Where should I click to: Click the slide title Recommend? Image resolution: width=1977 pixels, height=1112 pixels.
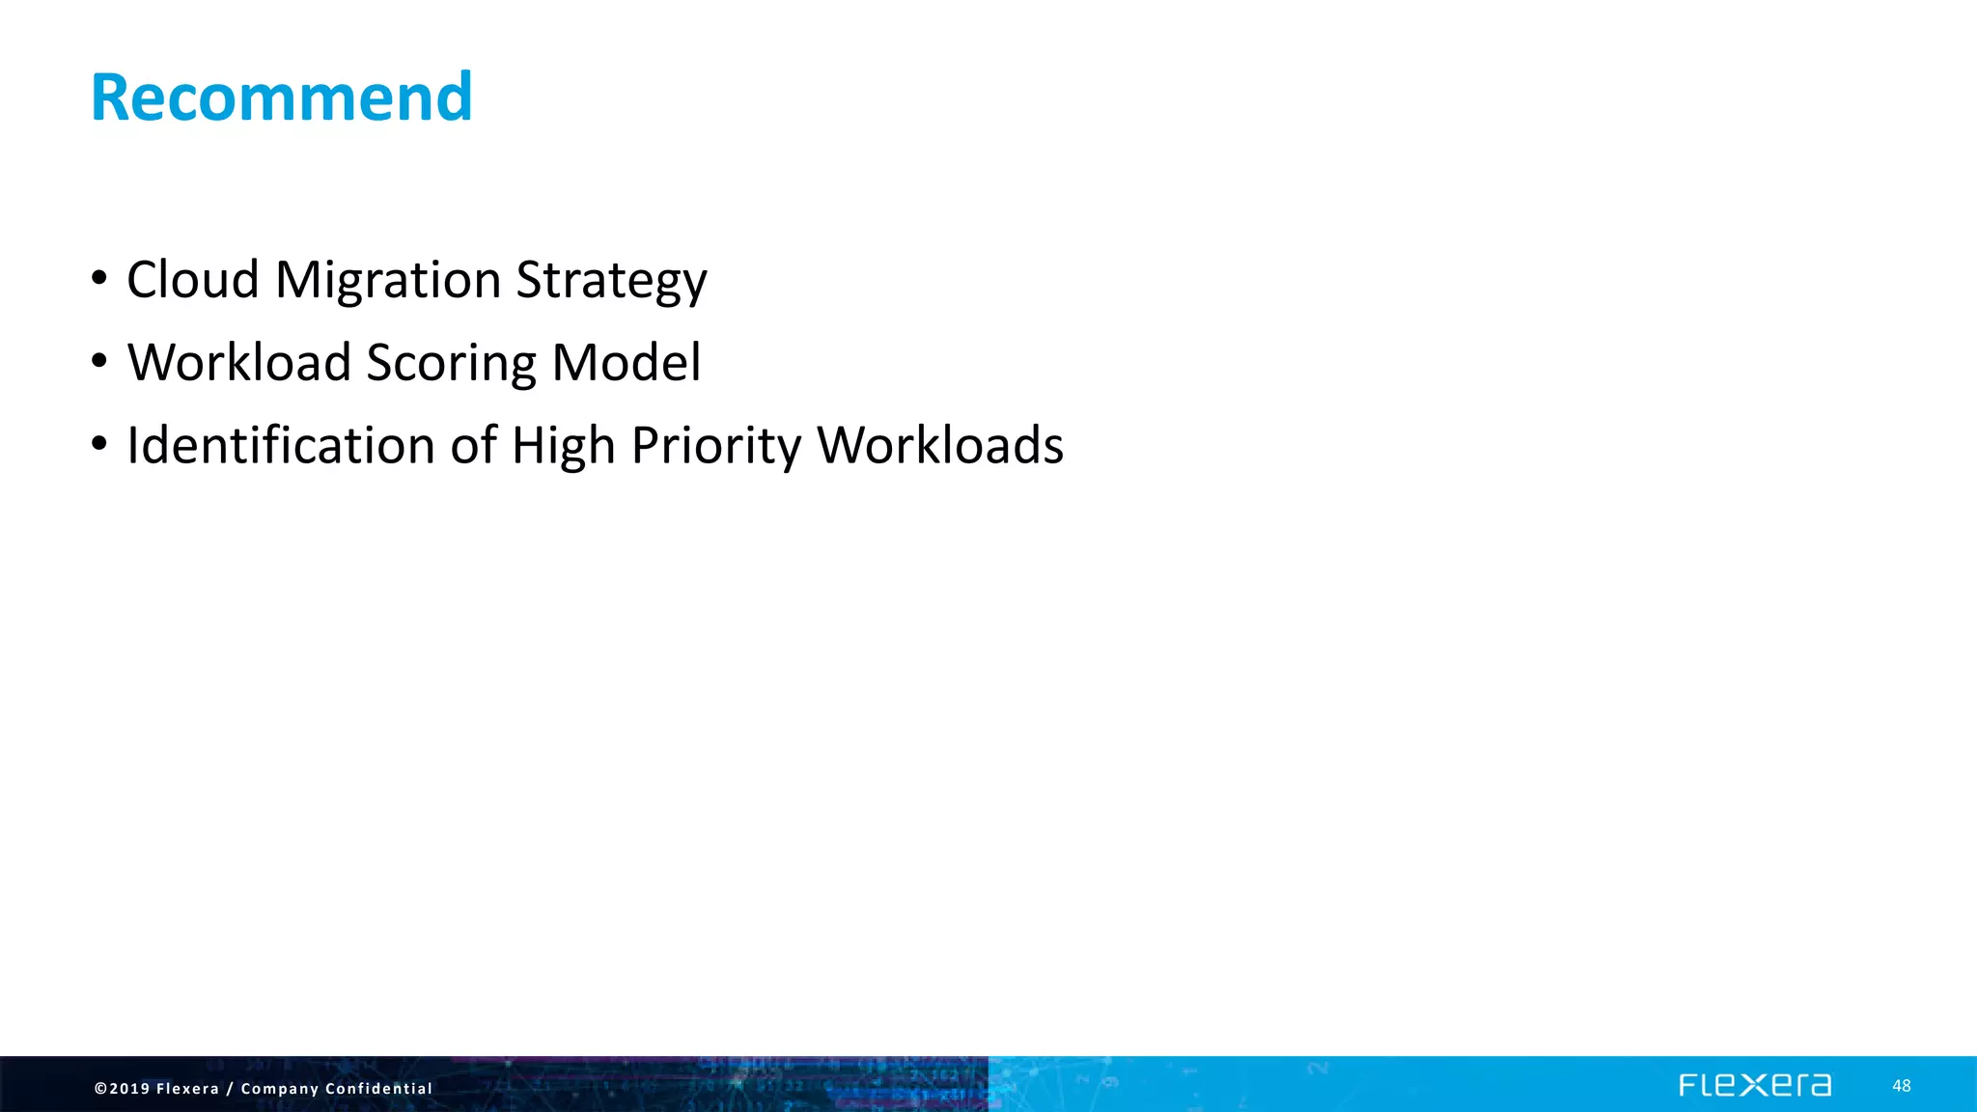(281, 97)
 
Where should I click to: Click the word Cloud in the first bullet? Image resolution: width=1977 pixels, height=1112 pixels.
(192, 280)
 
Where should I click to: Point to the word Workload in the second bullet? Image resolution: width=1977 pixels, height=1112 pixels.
(238, 363)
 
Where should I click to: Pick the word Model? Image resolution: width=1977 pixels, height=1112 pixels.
(627, 363)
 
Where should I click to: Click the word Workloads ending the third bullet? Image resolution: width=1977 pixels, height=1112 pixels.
(940, 446)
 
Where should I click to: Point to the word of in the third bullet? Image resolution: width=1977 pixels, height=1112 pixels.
(474, 446)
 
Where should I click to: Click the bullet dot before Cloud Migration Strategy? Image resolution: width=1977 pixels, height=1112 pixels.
(98, 279)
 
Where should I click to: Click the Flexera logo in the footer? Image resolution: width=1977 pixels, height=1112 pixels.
(1754, 1086)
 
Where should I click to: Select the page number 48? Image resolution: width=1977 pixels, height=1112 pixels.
(1901, 1086)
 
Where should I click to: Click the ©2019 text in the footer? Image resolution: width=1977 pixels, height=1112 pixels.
(122, 1089)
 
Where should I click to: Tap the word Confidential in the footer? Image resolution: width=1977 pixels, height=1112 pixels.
(378, 1089)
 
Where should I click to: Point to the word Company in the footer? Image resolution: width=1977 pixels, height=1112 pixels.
(279, 1089)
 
